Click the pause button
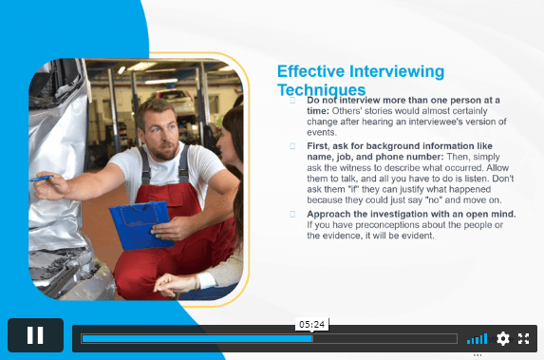(x=35, y=335)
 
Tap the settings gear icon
(x=503, y=338)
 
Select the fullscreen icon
(x=523, y=338)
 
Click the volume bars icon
(x=477, y=339)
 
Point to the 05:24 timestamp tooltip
(x=312, y=324)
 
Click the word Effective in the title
(x=310, y=71)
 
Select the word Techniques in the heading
(x=322, y=90)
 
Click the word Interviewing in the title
(x=397, y=71)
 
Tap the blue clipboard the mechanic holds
(x=141, y=225)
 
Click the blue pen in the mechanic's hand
(x=41, y=179)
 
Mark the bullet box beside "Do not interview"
(x=292, y=101)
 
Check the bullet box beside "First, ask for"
(x=292, y=146)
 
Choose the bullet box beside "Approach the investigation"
(x=292, y=214)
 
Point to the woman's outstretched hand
(x=174, y=283)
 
